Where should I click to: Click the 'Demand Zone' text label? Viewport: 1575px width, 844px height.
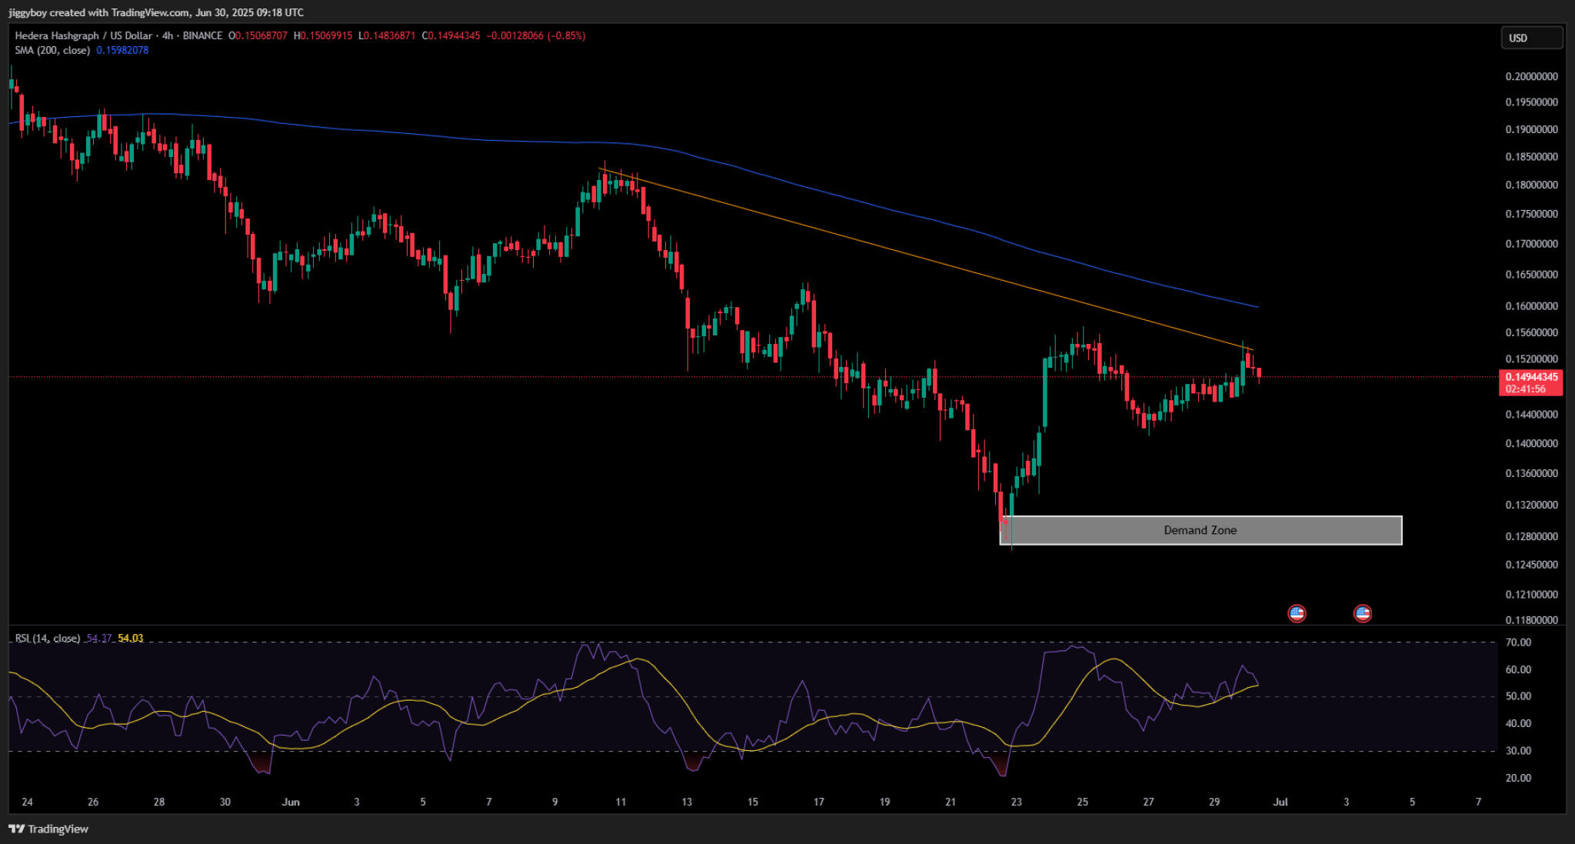(x=1200, y=530)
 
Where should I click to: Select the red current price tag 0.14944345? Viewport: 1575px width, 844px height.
(x=1530, y=377)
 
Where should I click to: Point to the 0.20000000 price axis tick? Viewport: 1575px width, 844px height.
(x=1531, y=76)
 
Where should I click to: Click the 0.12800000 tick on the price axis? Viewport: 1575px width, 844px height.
(x=1531, y=536)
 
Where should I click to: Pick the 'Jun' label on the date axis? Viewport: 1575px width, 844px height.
(x=291, y=802)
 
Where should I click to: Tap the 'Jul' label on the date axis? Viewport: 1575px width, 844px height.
(x=1280, y=802)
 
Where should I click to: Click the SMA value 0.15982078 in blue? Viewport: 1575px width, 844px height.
(x=122, y=50)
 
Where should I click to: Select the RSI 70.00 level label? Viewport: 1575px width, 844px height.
(x=1518, y=642)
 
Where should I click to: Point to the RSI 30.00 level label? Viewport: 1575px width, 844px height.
(x=1518, y=751)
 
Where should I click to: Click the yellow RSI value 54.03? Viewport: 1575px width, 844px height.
(x=131, y=639)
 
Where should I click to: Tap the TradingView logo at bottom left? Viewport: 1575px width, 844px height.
(x=48, y=829)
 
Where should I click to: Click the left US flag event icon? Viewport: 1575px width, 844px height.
(x=1297, y=613)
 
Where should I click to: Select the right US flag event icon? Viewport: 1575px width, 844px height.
(x=1363, y=613)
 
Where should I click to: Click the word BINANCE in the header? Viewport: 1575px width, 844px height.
(x=202, y=36)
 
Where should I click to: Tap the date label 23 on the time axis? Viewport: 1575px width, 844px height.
(x=1016, y=802)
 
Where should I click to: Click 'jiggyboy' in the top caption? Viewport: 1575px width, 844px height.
(x=28, y=12)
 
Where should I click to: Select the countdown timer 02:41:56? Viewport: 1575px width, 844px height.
(x=1525, y=389)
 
